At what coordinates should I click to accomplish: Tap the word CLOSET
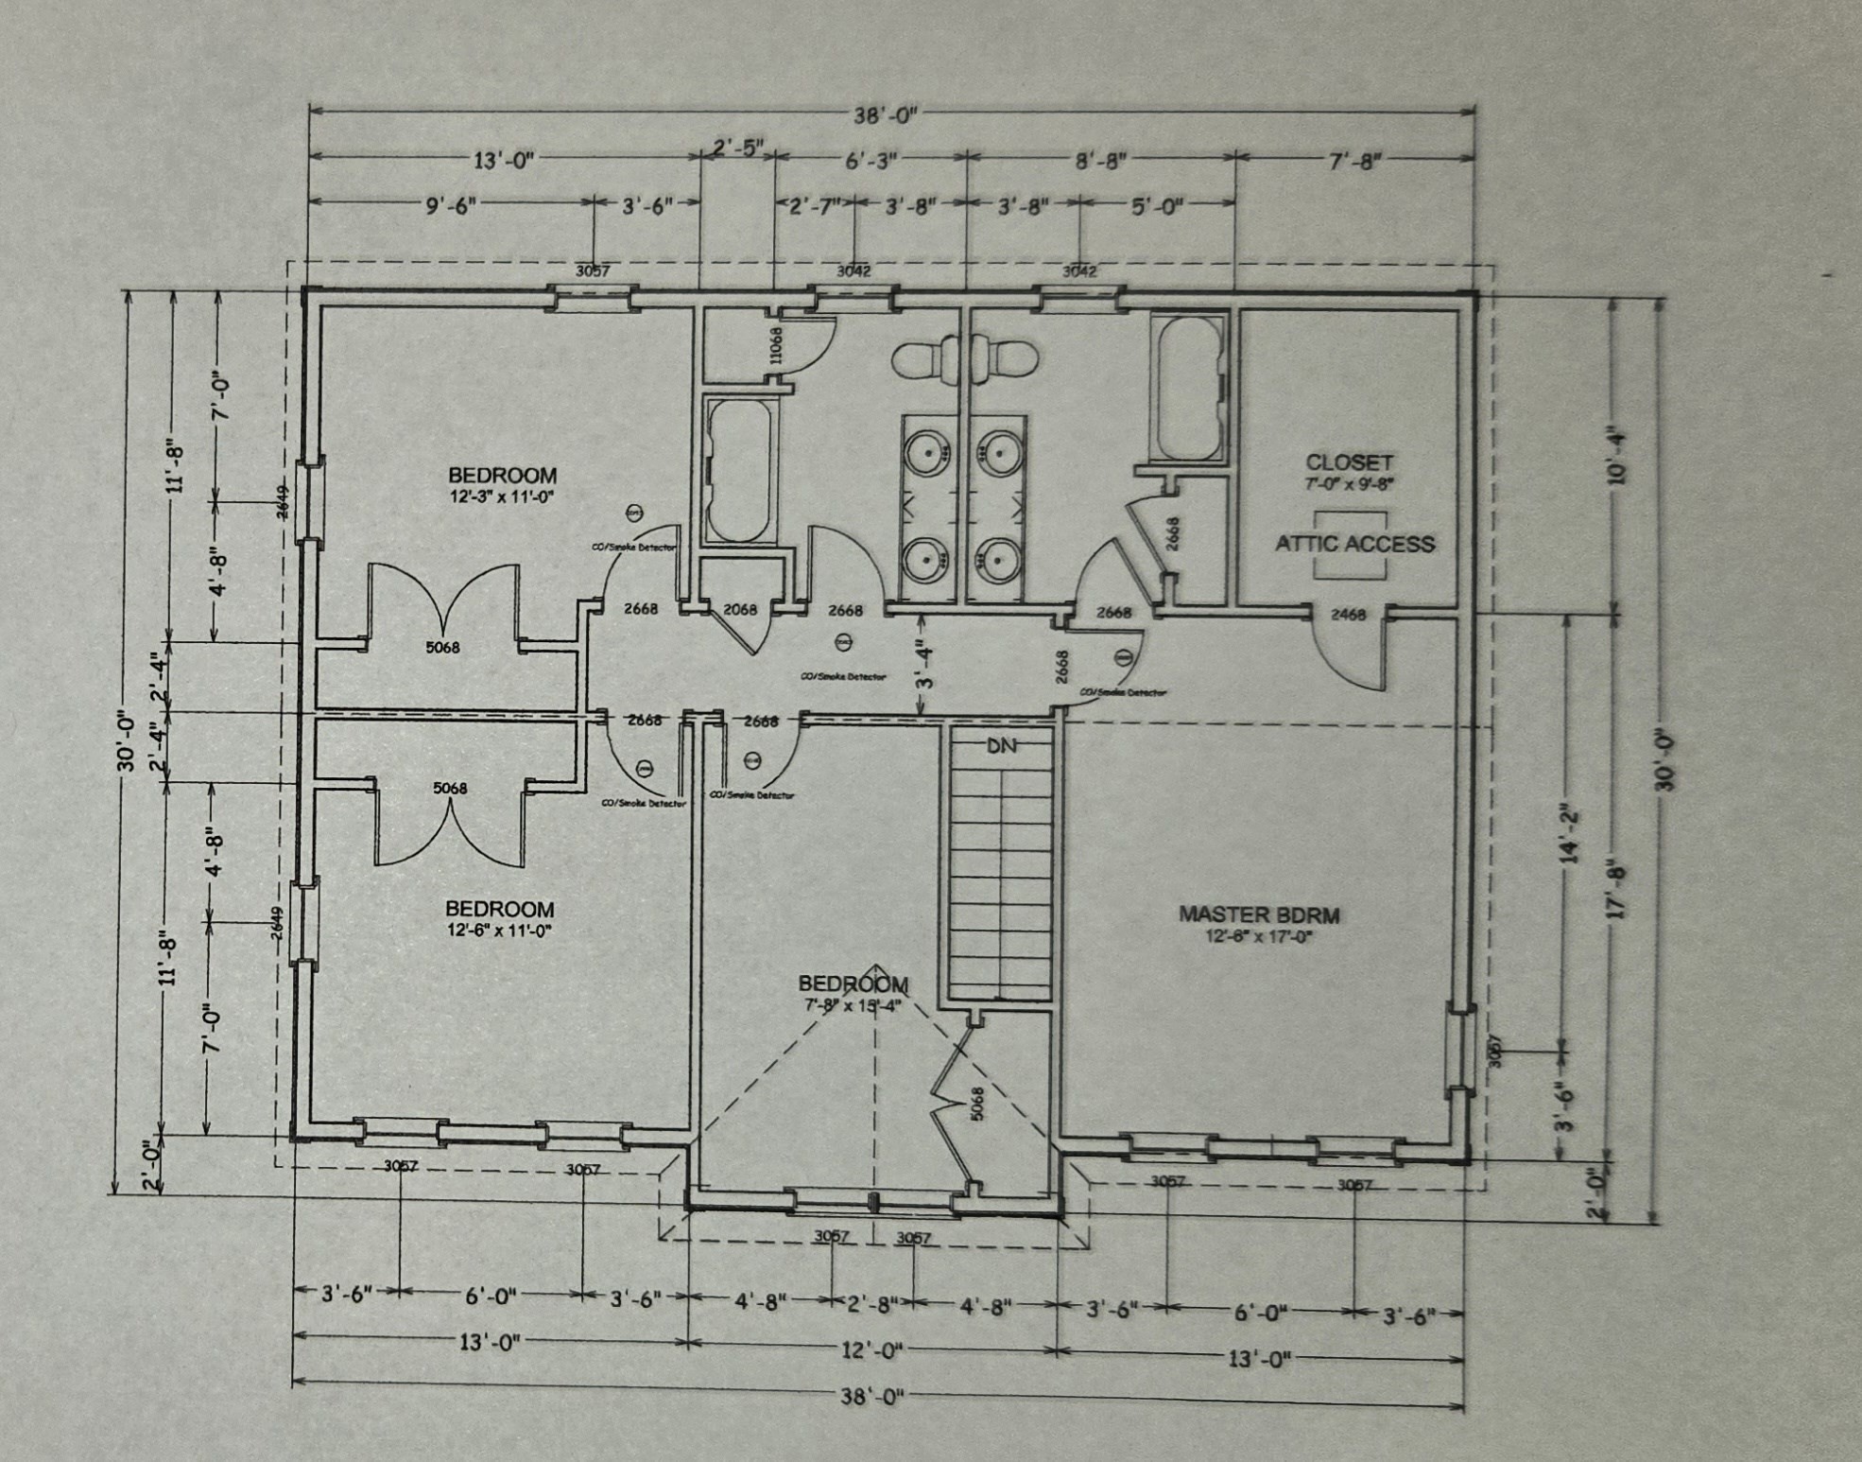click(1349, 462)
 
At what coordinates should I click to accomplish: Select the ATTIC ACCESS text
click(1354, 544)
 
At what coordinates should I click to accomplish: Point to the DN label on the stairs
click(1001, 746)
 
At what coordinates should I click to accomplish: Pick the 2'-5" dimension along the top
click(737, 148)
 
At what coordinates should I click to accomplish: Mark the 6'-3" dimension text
click(870, 161)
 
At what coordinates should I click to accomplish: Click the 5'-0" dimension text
click(1157, 206)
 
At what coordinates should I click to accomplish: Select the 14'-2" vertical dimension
click(1570, 833)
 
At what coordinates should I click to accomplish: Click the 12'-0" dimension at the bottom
click(871, 1350)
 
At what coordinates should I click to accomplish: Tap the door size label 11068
click(776, 345)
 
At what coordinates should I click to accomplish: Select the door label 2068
click(740, 610)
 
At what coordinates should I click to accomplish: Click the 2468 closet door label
click(1348, 615)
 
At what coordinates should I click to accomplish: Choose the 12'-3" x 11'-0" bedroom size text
click(501, 496)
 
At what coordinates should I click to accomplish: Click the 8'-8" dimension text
click(1101, 161)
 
